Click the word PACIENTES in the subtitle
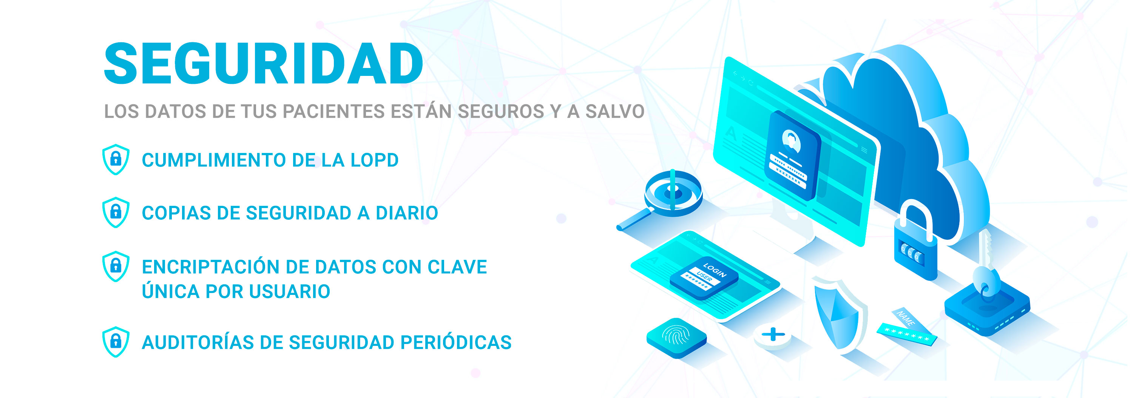coord(334,111)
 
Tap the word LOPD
coord(375,160)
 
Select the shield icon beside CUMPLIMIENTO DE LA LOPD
coord(116,159)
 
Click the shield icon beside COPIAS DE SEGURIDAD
coord(116,213)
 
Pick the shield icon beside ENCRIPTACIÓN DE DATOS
coord(116,266)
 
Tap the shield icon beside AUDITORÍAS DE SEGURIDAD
coord(116,342)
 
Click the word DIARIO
coord(407,213)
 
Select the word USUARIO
coord(289,291)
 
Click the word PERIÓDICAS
coord(456,342)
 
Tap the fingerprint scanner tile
coord(676,337)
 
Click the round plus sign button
coord(773,336)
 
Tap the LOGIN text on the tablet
coord(715,270)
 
